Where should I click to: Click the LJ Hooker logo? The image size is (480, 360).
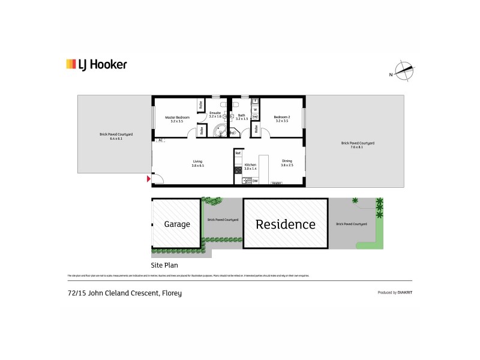point(96,64)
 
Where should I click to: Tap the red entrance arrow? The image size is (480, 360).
point(148,178)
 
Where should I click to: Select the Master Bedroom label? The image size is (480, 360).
point(177,117)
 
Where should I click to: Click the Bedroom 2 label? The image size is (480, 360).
point(281,117)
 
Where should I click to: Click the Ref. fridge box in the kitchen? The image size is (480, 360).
point(238,153)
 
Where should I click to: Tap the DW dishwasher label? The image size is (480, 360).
point(254,181)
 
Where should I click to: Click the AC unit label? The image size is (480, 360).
point(160,140)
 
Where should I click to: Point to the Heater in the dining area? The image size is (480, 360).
point(277,183)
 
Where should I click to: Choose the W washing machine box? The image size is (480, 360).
point(255,110)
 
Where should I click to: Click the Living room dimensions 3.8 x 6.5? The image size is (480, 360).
point(197,165)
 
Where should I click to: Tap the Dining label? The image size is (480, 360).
point(287,160)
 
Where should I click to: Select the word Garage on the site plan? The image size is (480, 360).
point(177,224)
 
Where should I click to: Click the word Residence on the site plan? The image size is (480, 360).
point(285,224)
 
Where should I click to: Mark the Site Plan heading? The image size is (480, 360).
point(164,265)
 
